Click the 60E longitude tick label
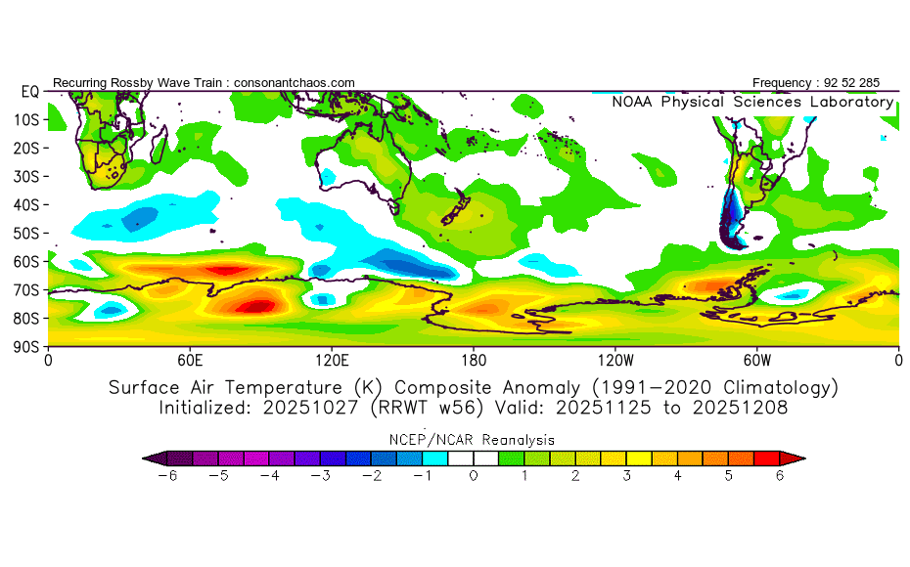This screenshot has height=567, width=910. point(190,360)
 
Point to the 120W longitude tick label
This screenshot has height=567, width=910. point(614,360)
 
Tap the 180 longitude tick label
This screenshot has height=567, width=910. point(474,360)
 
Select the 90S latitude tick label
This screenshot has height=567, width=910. point(25,346)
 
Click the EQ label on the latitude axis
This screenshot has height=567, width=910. point(29,91)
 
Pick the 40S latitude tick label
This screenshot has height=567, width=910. point(25,204)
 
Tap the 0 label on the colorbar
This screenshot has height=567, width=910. point(473,476)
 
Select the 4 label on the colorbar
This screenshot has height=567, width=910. point(678,476)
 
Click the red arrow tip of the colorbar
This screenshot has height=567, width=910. point(797,457)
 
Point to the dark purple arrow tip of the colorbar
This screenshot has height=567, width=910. point(149,457)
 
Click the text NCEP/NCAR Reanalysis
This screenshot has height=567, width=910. point(474,440)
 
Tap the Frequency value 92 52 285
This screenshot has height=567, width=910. point(849,83)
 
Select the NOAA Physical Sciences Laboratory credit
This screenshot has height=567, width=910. point(752,102)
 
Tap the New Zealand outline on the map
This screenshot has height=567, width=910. point(452,216)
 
